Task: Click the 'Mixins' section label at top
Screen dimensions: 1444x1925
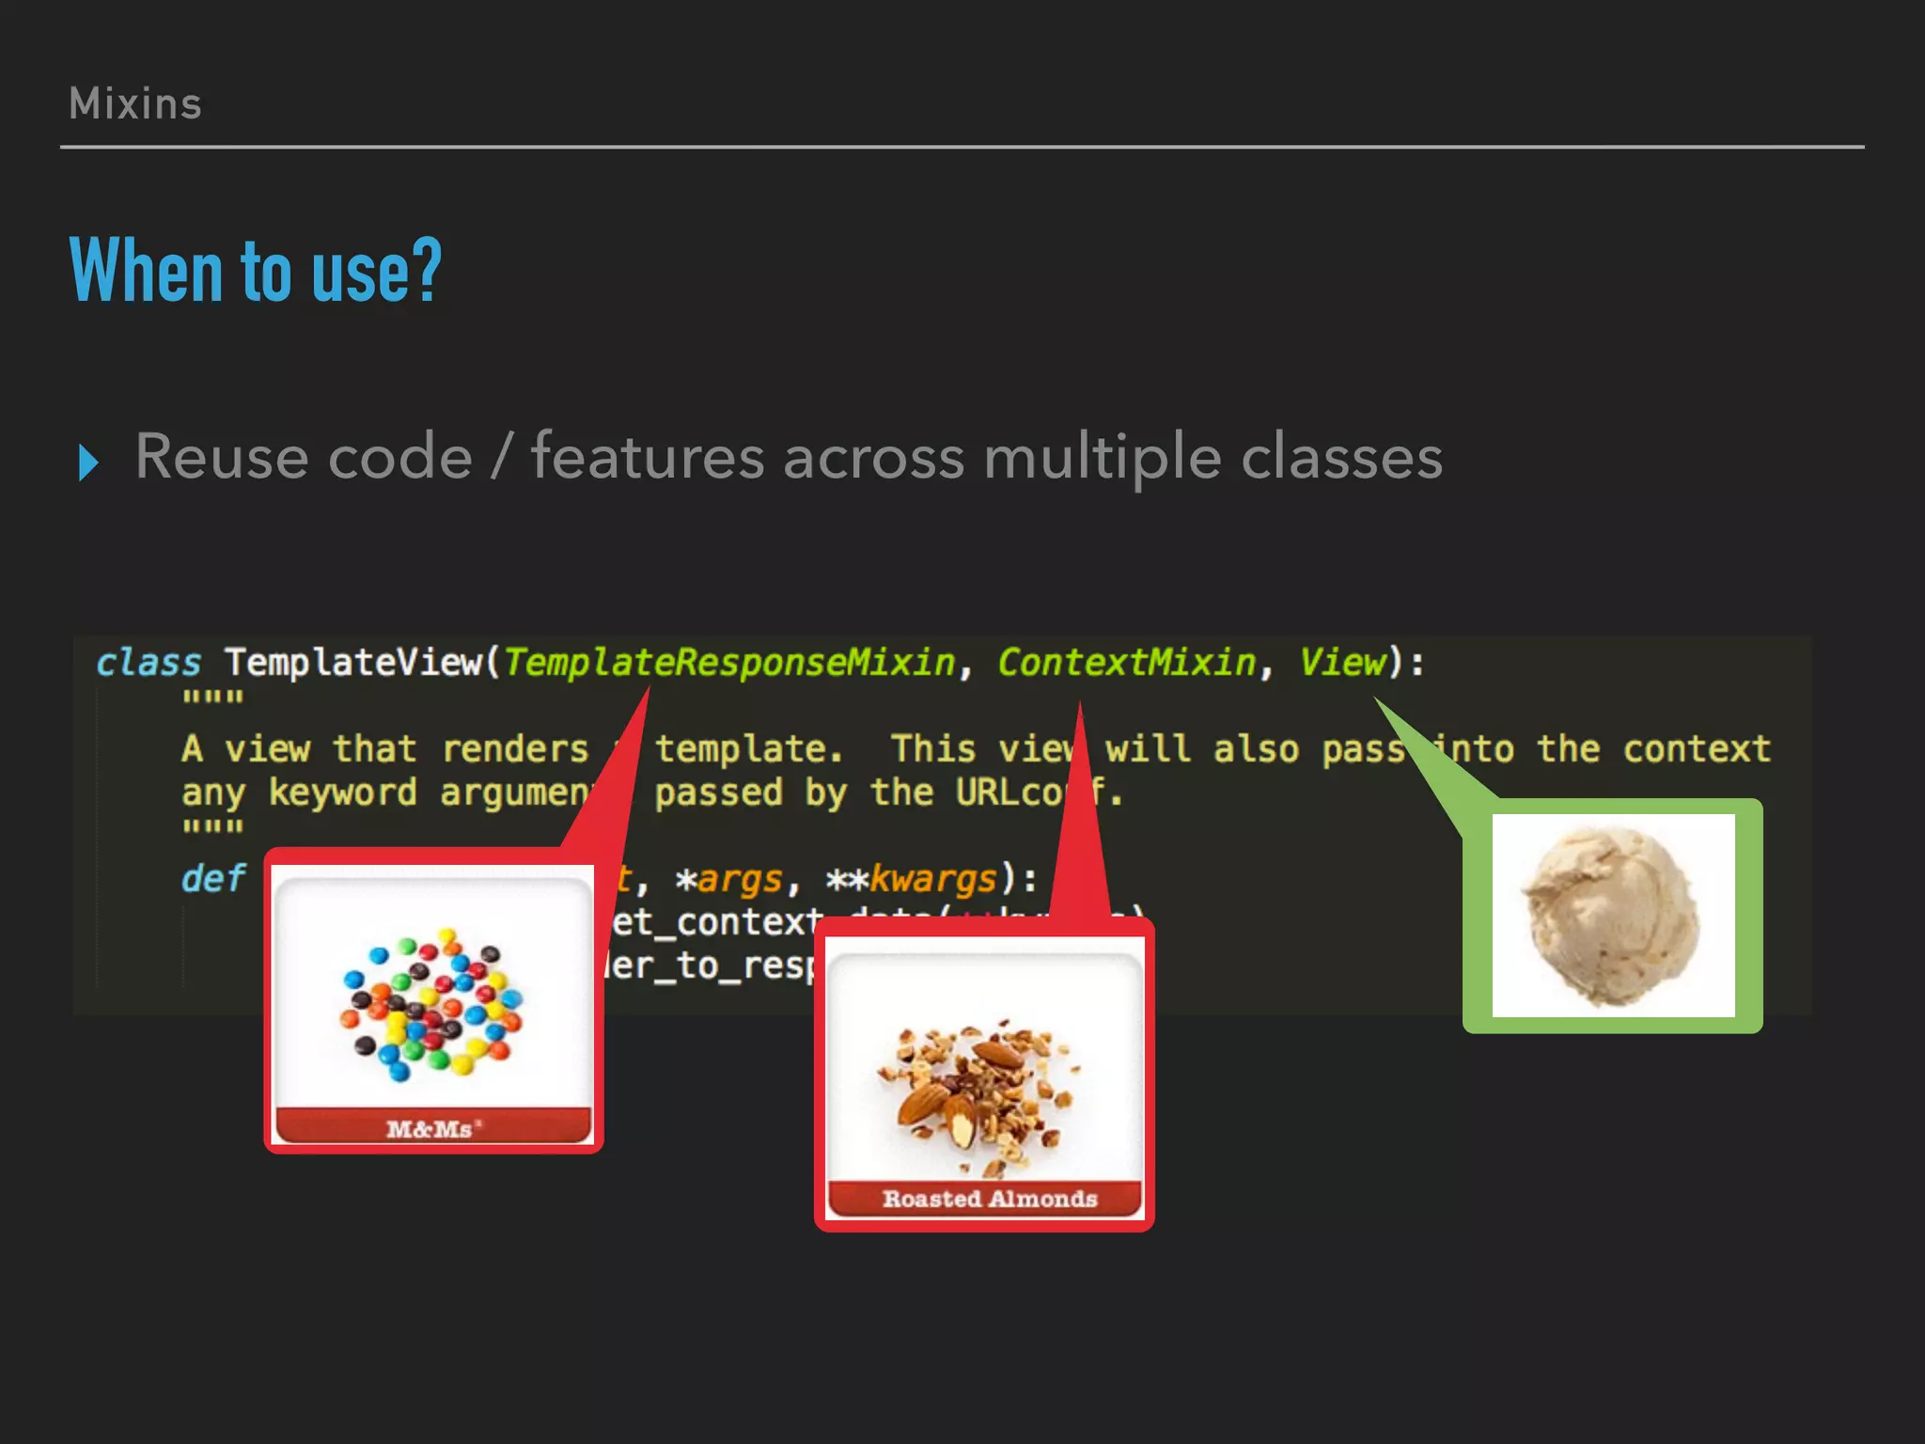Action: (x=135, y=103)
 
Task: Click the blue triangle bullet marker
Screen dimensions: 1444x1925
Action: (x=88, y=463)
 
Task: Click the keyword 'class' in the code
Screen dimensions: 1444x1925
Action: (x=149, y=663)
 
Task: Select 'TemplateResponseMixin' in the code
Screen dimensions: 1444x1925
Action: (x=729, y=663)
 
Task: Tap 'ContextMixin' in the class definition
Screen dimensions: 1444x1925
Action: (x=1126, y=663)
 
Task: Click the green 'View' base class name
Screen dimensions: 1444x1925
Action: (x=1342, y=663)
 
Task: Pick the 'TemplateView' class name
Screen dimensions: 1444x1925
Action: (x=353, y=663)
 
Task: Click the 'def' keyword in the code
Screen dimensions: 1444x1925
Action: (x=212, y=879)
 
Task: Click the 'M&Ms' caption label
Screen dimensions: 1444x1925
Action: (x=432, y=1128)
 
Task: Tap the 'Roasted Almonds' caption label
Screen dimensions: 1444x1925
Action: (x=989, y=1199)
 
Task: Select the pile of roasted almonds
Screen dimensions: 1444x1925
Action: (x=982, y=1091)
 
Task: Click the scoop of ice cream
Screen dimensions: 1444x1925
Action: (x=1612, y=915)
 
